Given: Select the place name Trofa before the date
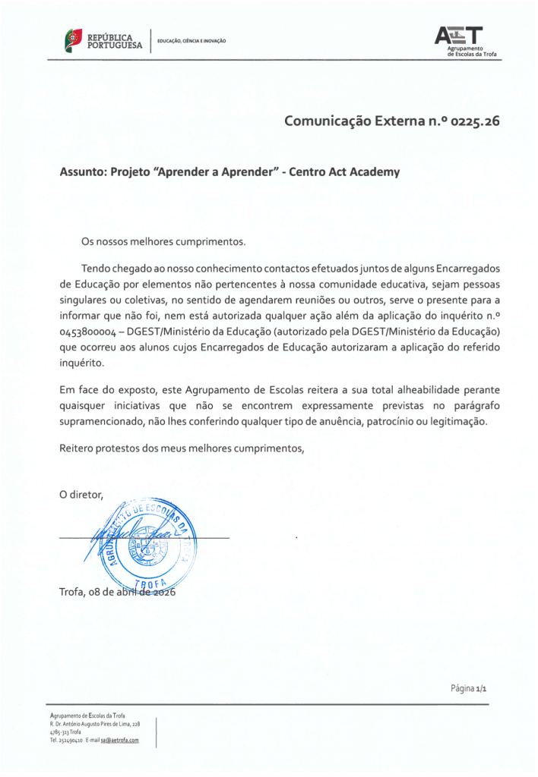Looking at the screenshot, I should pyautogui.click(x=74, y=593).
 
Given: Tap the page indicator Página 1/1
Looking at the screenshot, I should pyautogui.click(x=468, y=689).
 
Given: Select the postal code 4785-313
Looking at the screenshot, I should pyautogui.click(x=59, y=732).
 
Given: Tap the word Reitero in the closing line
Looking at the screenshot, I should pyautogui.click(x=78, y=448).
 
